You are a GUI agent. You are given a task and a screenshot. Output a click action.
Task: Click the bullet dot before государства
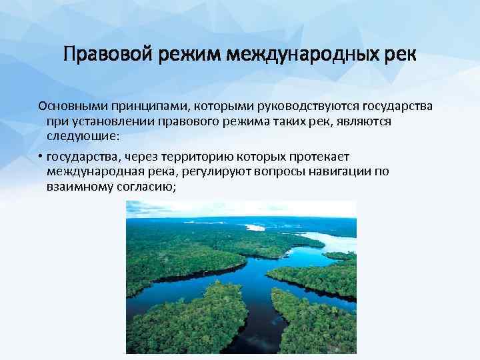click(41, 157)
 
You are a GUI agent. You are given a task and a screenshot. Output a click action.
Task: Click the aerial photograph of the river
click(241, 277)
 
